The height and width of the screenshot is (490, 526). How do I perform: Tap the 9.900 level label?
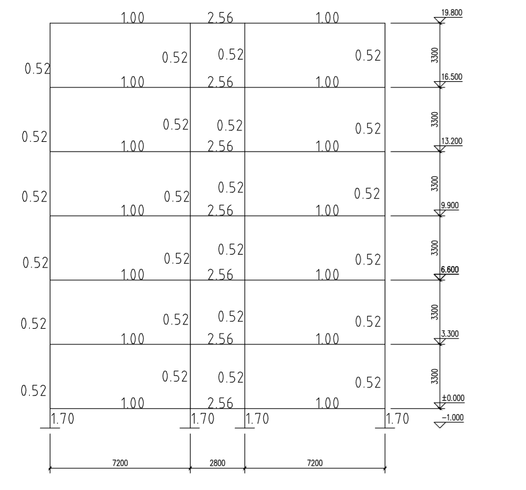click(450, 205)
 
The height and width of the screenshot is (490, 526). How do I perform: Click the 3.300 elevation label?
click(450, 334)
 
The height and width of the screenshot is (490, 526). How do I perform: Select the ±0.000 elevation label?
click(451, 398)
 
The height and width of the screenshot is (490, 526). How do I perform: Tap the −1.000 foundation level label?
click(451, 417)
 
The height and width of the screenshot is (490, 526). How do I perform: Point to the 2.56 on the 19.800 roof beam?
click(219, 18)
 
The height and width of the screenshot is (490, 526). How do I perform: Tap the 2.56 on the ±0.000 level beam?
click(220, 403)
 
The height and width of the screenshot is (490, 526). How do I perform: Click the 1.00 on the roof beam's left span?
click(133, 18)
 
